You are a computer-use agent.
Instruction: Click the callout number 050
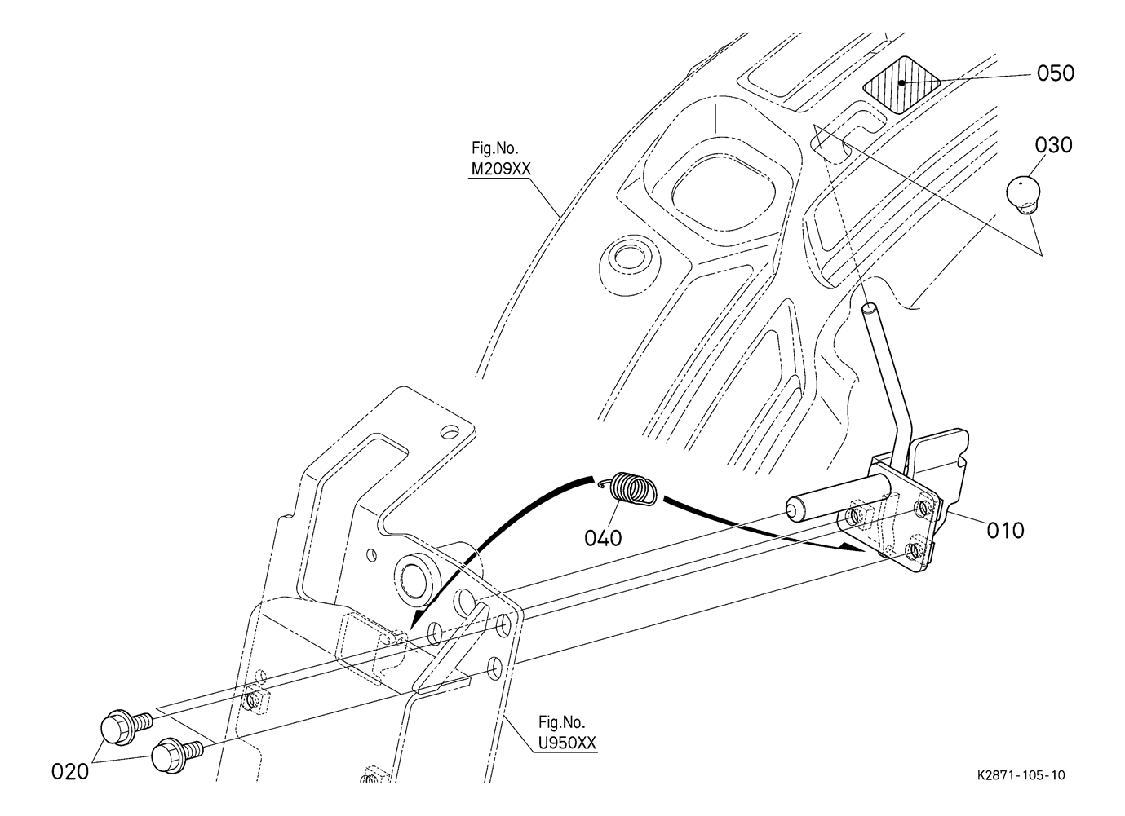(1056, 73)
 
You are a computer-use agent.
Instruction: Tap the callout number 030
(1054, 145)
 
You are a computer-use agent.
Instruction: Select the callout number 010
(1005, 530)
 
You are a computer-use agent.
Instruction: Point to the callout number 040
(603, 538)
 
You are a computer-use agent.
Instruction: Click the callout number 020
(69, 770)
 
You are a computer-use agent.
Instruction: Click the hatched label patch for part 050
(901, 84)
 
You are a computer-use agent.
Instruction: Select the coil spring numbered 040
(634, 489)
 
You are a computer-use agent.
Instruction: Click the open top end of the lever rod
(870, 309)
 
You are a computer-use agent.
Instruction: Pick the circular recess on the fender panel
(627, 258)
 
